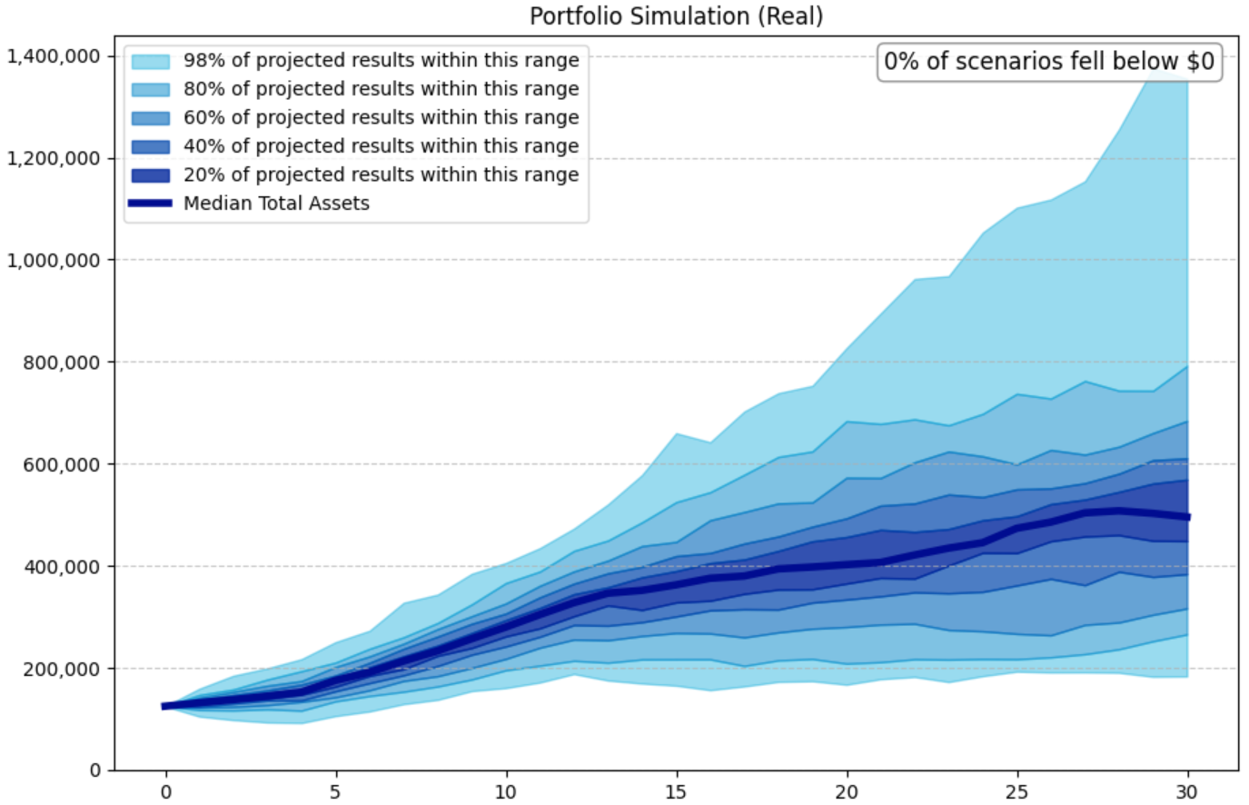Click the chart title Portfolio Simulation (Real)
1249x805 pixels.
point(676,16)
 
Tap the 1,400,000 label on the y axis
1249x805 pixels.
point(54,56)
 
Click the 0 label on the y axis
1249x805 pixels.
point(95,770)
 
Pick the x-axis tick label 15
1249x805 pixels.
point(676,791)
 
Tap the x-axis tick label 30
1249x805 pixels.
point(1187,791)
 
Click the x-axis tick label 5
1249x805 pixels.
point(335,791)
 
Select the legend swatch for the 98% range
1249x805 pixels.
point(150,61)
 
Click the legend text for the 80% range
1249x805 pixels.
point(381,89)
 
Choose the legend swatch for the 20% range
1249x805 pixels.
point(150,174)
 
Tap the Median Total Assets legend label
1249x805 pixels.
point(276,204)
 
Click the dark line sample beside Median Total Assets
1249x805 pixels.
point(150,204)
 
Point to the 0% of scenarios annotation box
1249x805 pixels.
point(1049,62)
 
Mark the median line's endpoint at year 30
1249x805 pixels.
point(1187,517)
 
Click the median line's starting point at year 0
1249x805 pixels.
point(165,706)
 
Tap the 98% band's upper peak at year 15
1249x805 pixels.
point(676,434)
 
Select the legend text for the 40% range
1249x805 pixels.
point(381,146)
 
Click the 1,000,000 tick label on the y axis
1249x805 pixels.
point(54,261)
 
